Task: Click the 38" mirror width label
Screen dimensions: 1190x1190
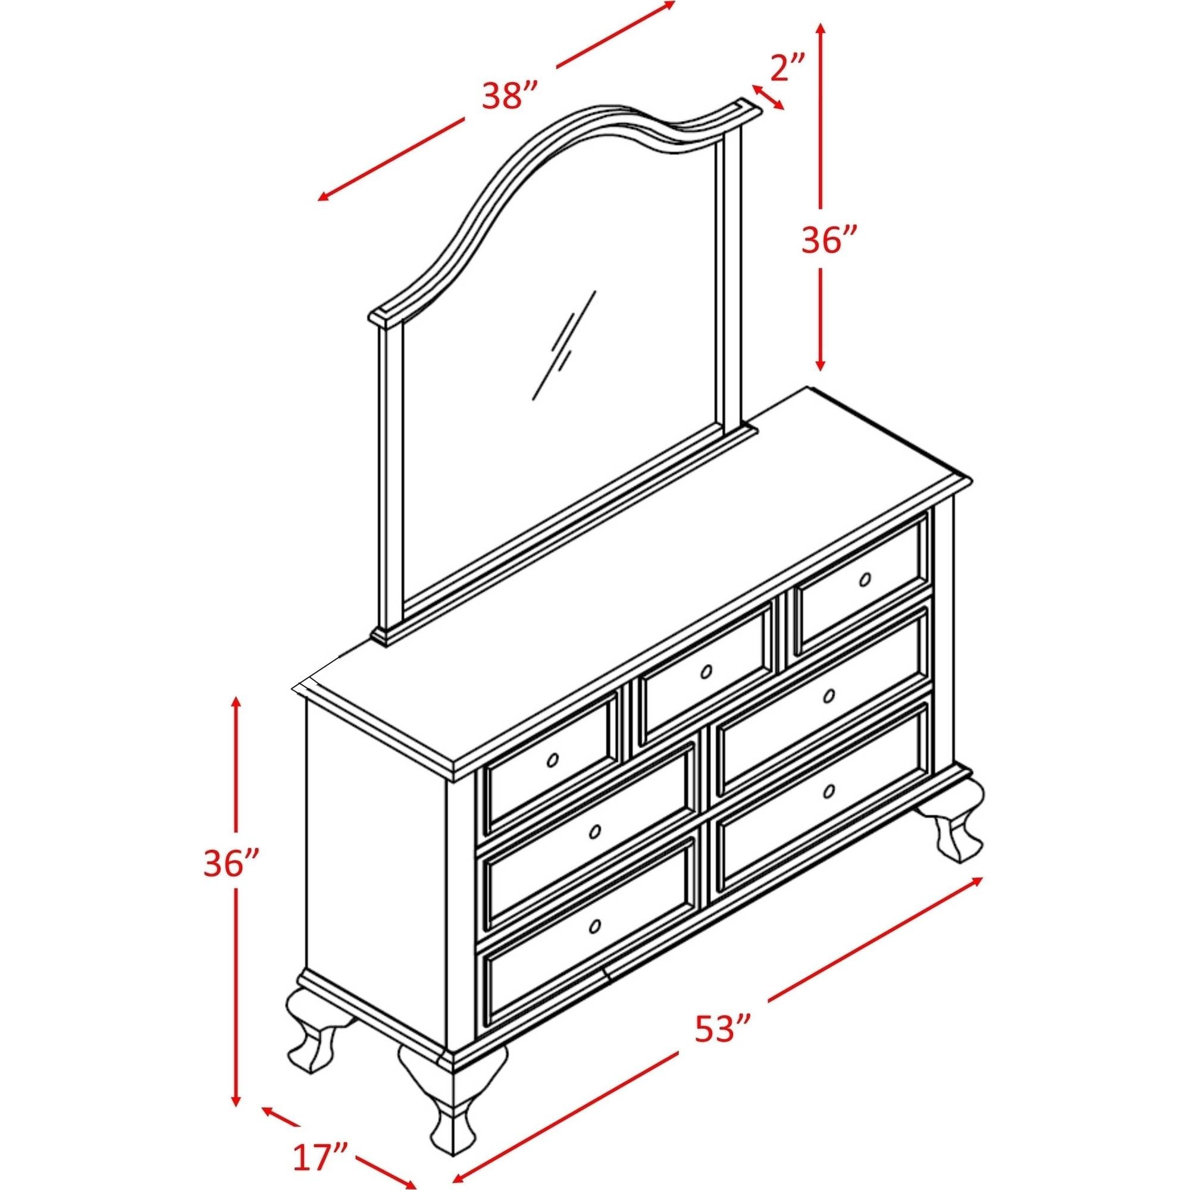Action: (x=511, y=95)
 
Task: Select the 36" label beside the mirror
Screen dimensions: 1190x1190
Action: (x=829, y=240)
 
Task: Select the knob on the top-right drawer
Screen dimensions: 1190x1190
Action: (x=865, y=580)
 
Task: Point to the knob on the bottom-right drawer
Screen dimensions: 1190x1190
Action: (x=829, y=791)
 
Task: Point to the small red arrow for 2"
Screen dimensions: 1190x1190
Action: (x=767, y=97)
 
